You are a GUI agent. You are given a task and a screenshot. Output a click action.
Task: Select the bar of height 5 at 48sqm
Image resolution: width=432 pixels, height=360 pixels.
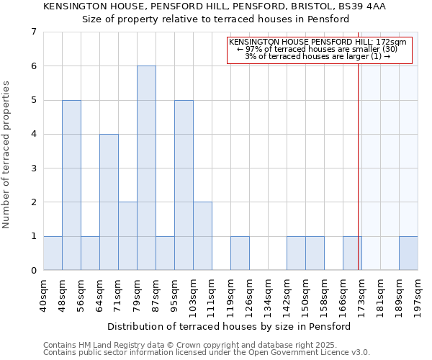[71, 185]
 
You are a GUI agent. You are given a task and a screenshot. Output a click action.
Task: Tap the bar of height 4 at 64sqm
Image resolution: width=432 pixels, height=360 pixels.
[109, 202]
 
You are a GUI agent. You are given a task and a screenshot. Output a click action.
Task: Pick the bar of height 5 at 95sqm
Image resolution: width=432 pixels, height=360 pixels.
[184, 185]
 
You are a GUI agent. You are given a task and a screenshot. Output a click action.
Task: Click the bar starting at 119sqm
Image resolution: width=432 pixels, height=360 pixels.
[240, 253]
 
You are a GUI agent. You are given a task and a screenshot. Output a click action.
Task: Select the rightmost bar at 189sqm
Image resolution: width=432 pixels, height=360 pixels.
[408, 253]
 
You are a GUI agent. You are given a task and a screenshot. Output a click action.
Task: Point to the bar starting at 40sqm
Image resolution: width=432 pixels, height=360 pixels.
[53, 253]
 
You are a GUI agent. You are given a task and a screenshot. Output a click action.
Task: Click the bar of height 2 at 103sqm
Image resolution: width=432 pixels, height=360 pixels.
[202, 236]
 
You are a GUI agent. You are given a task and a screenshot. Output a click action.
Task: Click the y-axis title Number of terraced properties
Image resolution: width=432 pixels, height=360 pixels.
[6, 155]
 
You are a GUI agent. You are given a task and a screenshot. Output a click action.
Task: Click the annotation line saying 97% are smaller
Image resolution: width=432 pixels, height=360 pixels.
[317, 49]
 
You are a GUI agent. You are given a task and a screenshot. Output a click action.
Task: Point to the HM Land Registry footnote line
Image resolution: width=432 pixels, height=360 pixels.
[194, 345]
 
